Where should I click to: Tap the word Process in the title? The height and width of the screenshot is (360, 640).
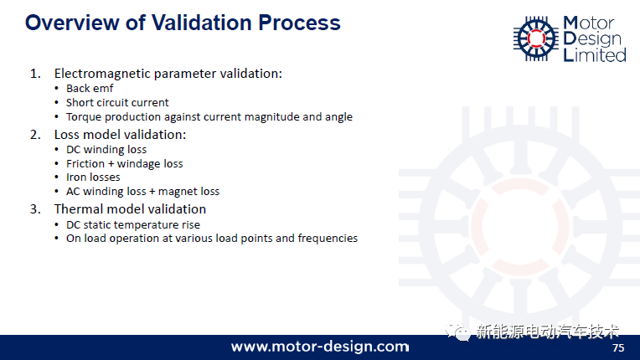tap(299, 23)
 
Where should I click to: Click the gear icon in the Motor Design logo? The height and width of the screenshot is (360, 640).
tap(536, 39)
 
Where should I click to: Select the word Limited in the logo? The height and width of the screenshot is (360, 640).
tap(595, 54)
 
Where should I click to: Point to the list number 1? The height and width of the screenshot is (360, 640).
tap(35, 74)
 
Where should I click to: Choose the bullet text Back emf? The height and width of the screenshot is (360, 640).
tap(90, 89)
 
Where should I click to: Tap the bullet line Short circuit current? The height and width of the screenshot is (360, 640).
tap(117, 102)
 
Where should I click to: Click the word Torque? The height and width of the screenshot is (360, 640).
tap(84, 117)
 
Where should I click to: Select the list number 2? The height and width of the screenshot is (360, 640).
tap(35, 135)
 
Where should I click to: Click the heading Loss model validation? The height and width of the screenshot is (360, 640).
tap(120, 135)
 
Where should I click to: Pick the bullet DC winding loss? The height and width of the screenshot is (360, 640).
tap(106, 150)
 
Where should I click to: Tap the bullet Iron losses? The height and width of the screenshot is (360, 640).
tap(93, 177)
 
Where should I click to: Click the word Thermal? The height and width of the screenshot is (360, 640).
tap(79, 209)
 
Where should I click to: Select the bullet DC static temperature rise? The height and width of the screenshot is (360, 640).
tap(133, 224)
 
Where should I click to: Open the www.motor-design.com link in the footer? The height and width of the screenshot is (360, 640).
tap(320, 347)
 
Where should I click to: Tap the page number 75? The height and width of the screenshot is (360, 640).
tap(618, 347)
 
